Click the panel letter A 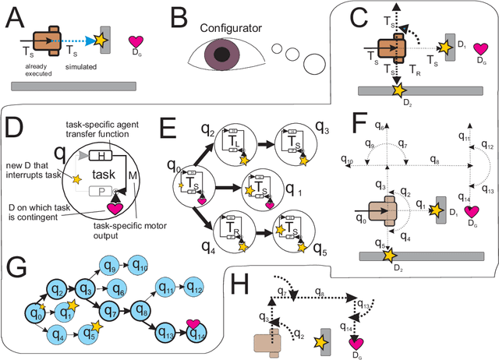[13, 13]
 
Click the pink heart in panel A [135, 42]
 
